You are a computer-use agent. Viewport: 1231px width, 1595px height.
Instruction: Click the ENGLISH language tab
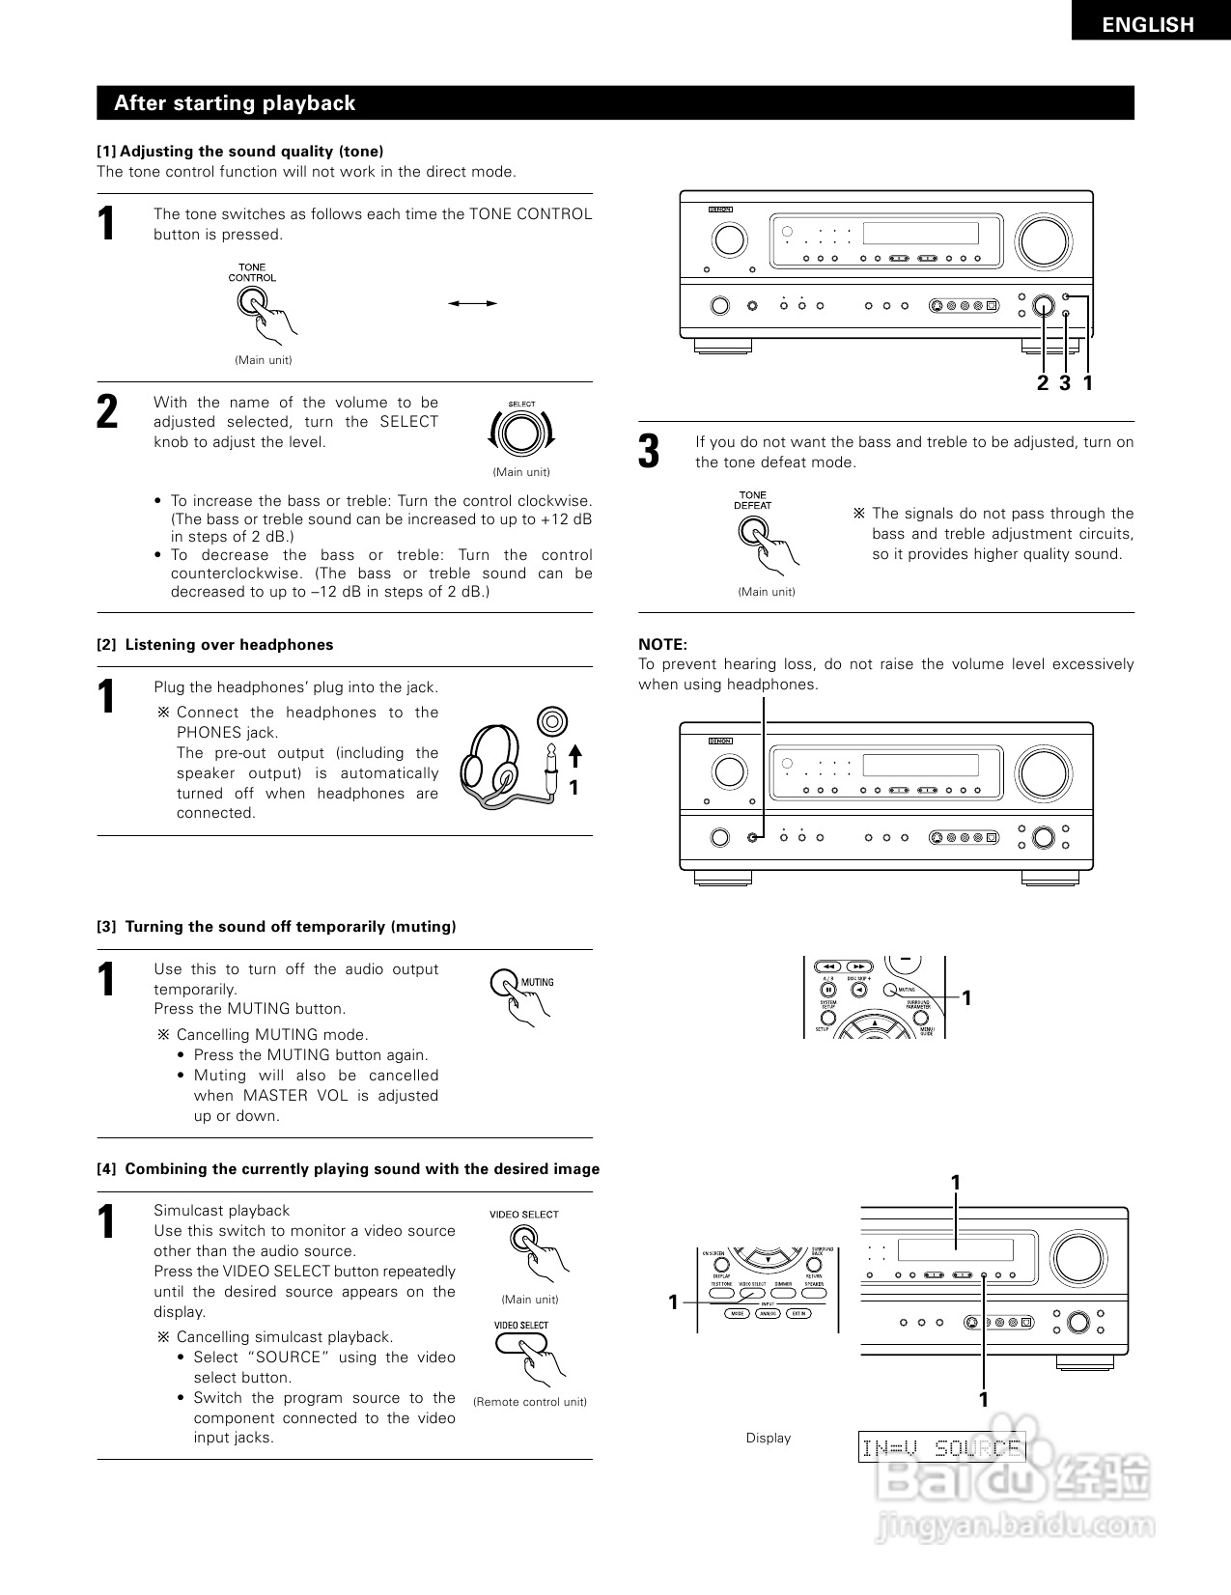point(1148,24)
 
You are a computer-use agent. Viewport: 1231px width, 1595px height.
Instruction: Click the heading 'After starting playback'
point(235,103)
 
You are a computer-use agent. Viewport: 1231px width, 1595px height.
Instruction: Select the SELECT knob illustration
point(521,434)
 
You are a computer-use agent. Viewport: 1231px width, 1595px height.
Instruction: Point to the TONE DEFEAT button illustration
point(753,530)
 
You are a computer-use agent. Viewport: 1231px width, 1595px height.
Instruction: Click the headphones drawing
point(497,768)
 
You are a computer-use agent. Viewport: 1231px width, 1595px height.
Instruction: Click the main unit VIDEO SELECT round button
point(524,1239)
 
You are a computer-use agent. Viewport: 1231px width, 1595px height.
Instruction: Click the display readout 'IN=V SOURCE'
point(940,1447)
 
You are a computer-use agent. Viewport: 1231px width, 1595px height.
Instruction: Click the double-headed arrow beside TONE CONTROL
point(472,303)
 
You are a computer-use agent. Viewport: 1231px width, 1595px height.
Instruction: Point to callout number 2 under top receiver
point(1042,383)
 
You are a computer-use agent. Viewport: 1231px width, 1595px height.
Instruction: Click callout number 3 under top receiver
point(1065,383)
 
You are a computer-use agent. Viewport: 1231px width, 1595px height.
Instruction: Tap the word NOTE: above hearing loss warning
point(662,644)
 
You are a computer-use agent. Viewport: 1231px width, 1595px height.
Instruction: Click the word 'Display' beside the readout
point(768,1438)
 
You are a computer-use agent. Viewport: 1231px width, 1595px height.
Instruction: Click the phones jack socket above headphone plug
point(551,720)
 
